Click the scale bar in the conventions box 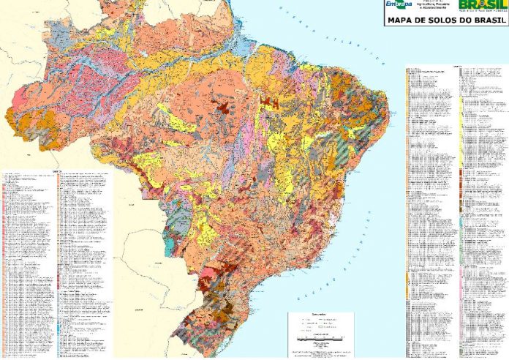pyautogui.click(x=322, y=337)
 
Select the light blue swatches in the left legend pyautogui.click(x=58, y=322)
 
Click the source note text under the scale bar pyautogui.click(x=322, y=352)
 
